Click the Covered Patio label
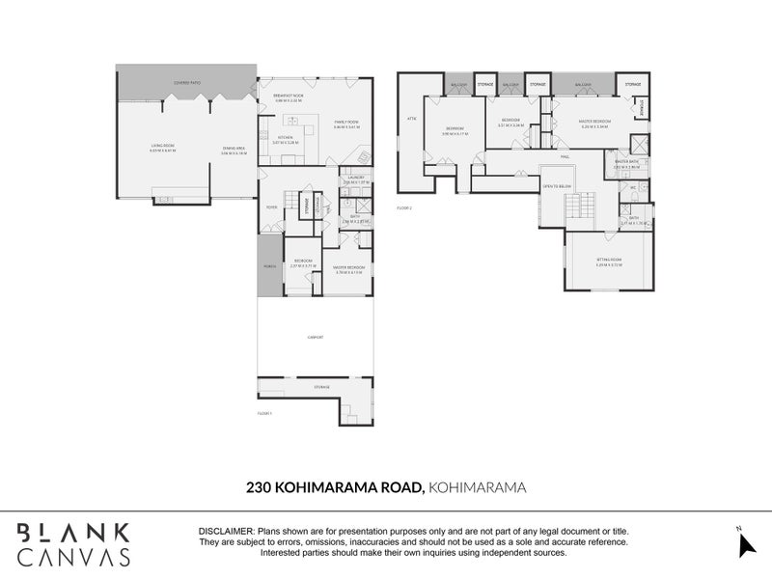(187, 83)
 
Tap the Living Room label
(161, 146)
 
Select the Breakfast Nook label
(289, 96)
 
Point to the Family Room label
(345, 123)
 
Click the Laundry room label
(356, 178)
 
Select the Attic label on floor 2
(410, 119)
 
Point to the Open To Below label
(558, 186)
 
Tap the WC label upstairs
(633, 187)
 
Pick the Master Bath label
(627, 162)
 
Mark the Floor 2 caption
(404, 207)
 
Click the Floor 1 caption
(265, 413)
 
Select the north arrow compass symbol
(744, 544)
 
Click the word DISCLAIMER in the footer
(225, 532)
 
